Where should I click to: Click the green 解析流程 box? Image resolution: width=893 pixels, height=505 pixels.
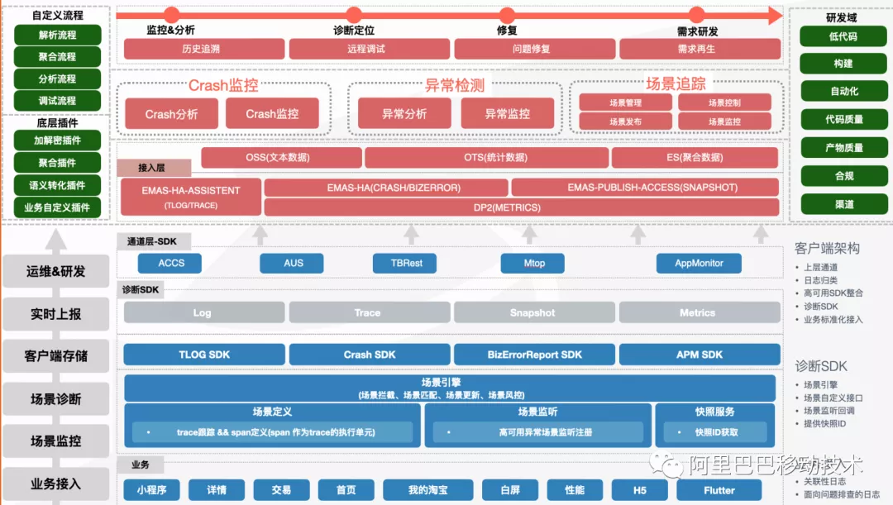[x=58, y=35]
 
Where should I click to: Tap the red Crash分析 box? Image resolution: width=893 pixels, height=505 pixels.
[x=171, y=114]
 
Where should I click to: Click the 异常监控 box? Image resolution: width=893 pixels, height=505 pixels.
[x=507, y=114]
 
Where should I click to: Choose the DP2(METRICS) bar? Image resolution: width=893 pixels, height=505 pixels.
[x=520, y=207]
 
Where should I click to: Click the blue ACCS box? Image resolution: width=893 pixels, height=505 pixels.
[x=171, y=263]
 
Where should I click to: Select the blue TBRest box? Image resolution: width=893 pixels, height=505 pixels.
[x=408, y=263]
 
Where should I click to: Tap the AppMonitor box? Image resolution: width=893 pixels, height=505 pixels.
[x=699, y=263]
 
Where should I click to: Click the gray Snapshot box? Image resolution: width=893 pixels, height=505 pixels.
[x=532, y=312]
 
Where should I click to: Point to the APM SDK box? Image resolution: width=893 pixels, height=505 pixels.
[x=699, y=355]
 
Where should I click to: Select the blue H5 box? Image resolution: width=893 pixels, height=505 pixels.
[x=639, y=490]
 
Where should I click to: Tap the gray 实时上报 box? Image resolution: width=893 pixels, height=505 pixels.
[x=56, y=314]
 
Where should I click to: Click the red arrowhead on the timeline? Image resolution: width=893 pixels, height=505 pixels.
[x=775, y=15]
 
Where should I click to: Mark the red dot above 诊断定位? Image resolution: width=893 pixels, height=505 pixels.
[x=353, y=15]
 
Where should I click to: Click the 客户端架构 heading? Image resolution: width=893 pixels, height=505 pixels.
[x=827, y=248]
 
